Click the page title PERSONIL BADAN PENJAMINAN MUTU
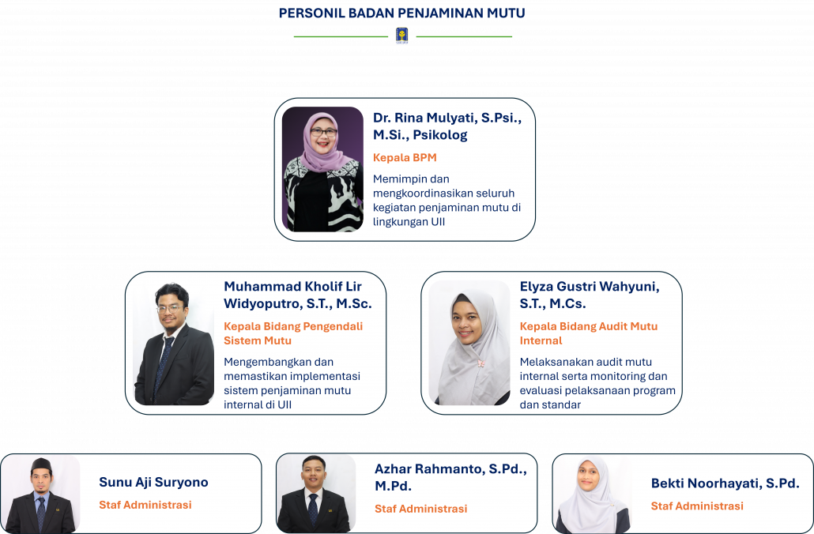point(401,13)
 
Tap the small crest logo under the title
point(401,36)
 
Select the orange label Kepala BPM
point(405,158)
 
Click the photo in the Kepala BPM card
point(322,169)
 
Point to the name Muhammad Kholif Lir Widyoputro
point(297,295)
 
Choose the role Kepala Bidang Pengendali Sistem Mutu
point(293,333)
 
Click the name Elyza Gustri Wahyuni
point(590,295)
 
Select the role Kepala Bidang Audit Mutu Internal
point(589,333)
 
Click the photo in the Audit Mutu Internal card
point(469,343)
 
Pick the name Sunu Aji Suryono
point(153,482)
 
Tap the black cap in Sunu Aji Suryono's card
point(41,464)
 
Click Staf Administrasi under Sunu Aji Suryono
point(145,505)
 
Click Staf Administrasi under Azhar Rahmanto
point(421,509)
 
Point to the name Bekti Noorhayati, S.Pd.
point(725,483)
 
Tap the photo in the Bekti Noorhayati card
point(593,494)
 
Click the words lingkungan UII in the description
point(409,222)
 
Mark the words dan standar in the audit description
point(550,404)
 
